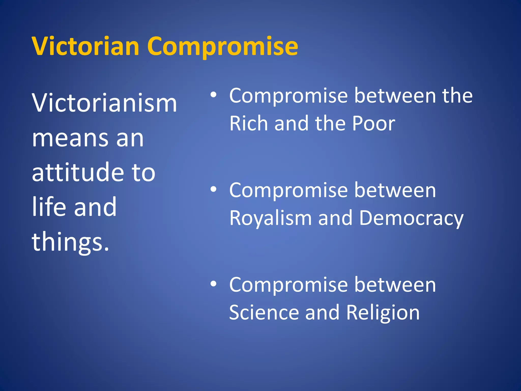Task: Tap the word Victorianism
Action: pyautogui.click(x=104, y=103)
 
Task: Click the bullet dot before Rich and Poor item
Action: pyautogui.click(x=213, y=95)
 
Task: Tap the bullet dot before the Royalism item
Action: pyautogui.click(x=213, y=189)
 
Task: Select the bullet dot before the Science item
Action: pyautogui.click(x=213, y=284)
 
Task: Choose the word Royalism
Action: pyautogui.click(x=270, y=218)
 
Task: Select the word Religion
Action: pyautogui.click(x=383, y=313)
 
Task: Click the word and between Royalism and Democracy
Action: pyautogui.click(x=335, y=218)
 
